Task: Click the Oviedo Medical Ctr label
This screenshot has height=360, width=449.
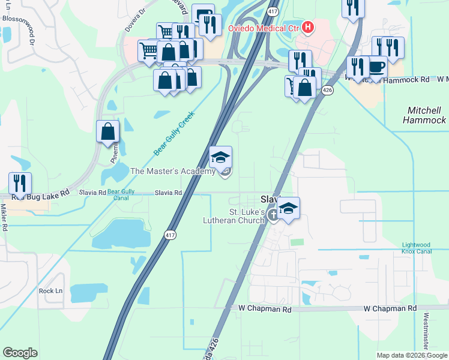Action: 263,28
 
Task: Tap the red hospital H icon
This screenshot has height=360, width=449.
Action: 308,27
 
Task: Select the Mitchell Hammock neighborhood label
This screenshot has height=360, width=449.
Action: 426,115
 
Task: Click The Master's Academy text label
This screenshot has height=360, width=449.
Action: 173,172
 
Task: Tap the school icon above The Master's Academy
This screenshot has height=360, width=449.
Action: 220,157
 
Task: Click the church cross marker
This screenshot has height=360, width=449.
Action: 274,215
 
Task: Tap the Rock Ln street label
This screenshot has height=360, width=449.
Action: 50,291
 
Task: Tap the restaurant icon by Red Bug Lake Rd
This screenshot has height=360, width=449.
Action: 20,184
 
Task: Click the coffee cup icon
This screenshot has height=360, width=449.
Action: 377,67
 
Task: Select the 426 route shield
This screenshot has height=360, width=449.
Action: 327,90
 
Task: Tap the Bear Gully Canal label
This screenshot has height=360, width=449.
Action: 121,193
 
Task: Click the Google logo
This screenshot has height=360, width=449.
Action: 20,353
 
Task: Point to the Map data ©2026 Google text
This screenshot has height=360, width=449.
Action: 411,355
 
